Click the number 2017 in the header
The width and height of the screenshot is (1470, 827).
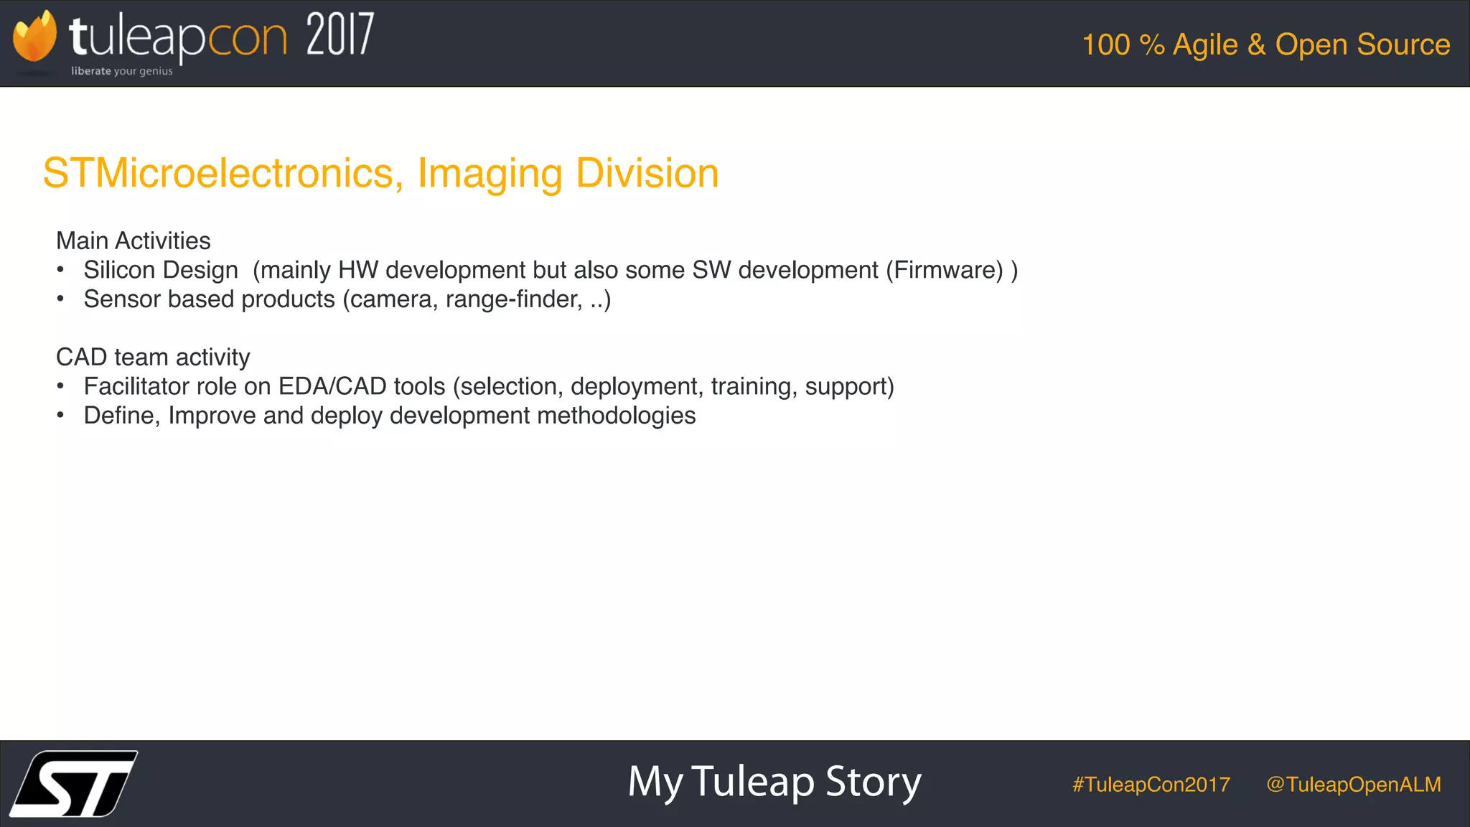340,35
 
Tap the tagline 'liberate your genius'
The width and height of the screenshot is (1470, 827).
122,71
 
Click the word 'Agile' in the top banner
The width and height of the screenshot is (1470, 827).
1205,45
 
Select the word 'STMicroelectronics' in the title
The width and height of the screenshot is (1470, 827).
218,173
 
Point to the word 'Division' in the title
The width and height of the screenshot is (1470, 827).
647,173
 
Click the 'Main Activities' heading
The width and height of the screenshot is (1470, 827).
133,240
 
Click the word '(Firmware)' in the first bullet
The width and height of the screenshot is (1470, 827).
944,270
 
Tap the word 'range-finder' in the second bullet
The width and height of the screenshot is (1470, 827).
514,299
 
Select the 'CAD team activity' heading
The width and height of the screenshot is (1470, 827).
153,357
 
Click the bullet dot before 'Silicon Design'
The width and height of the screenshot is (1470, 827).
61,270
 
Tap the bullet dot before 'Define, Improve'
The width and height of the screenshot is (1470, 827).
61,415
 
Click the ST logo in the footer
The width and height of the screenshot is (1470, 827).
74,783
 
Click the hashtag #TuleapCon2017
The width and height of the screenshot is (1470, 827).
1151,784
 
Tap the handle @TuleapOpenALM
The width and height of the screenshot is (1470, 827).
1354,784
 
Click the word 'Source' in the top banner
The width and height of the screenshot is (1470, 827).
1403,45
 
